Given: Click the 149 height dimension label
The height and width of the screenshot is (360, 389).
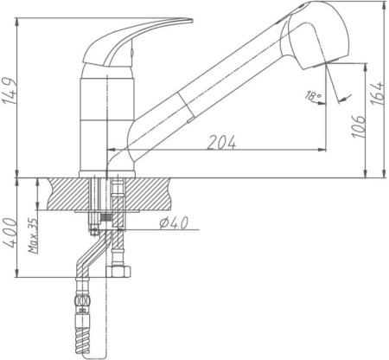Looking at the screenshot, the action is (x=9, y=91).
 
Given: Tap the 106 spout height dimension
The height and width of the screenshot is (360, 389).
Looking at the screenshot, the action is (x=359, y=126).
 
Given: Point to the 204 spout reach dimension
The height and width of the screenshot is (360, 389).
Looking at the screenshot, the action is (x=221, y=142).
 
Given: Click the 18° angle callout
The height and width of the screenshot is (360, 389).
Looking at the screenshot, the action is (x=313, y=95).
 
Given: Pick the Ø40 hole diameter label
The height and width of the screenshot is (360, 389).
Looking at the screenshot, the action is (x=174, y=222).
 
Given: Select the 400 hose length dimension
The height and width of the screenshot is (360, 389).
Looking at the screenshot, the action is (x=10, y=233).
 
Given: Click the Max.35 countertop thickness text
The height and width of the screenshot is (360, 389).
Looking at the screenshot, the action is (x=34, y=235).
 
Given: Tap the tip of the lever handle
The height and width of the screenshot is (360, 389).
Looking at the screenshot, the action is (x=191, y=21).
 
